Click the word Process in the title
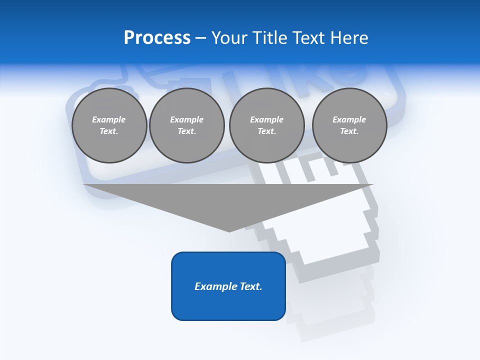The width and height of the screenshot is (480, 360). click(157, 38)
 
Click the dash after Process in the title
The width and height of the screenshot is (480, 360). click(200, 38)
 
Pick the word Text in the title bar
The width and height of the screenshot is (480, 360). click(310, 38)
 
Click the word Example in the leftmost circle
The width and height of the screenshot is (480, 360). click(109, 119)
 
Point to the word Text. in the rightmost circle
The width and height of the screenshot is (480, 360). click(349, 131)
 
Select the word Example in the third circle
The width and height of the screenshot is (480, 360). click(266, 119)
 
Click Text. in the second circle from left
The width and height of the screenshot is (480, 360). click(186, 131)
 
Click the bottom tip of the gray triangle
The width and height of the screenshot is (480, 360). click(229, 231)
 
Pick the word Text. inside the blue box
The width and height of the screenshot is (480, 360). click(252, 286)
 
